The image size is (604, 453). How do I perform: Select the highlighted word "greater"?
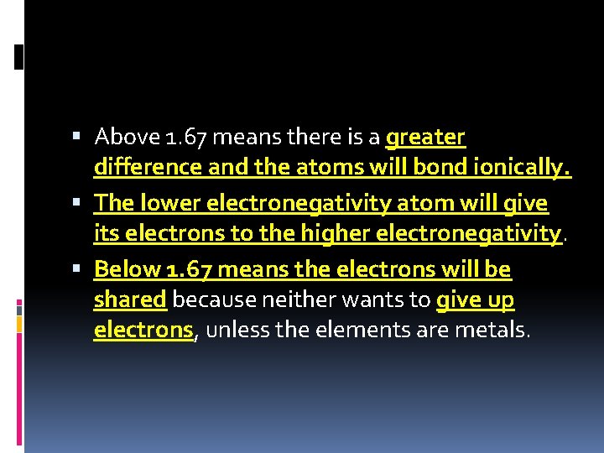[425, 136]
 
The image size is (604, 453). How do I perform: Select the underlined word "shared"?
[130, 299]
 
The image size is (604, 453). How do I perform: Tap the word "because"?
[208, 299]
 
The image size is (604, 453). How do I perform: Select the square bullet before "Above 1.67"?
[77, 136]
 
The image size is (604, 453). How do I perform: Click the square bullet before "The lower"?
[77, 202]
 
